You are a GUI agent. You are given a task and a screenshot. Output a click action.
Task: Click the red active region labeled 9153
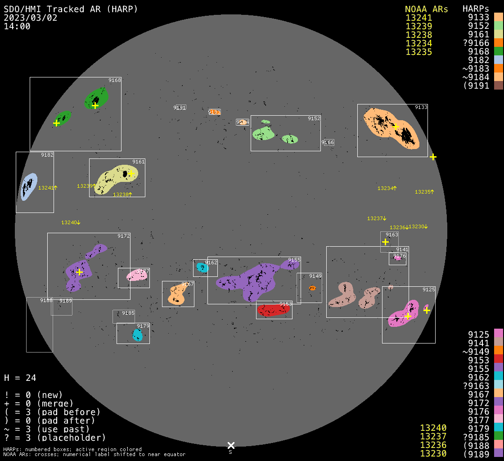[273, 310]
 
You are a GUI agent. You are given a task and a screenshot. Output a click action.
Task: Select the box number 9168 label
[115, 80]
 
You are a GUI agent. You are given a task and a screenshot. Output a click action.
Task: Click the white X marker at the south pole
[231, 445]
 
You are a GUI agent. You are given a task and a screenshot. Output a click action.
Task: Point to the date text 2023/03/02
[31, 18]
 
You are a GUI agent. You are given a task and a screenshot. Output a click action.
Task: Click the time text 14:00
[17, 26]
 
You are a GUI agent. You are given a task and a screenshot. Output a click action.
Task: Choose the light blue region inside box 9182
[28, 186]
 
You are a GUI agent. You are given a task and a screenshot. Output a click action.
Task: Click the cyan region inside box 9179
[137, 335]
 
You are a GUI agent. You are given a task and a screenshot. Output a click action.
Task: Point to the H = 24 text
[20, 378]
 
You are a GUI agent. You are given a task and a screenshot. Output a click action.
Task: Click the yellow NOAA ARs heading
[426, 9]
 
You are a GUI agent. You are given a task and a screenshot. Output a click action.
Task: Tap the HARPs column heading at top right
[476, 9]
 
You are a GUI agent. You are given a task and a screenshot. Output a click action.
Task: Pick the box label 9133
[421, 107]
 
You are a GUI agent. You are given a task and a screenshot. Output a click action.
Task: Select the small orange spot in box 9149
[313, 288]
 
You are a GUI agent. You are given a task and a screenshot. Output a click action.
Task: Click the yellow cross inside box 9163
[385, 242]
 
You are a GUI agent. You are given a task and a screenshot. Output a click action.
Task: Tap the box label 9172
[124, 236]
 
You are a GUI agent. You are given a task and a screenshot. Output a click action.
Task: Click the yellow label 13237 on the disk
[376, 218]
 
